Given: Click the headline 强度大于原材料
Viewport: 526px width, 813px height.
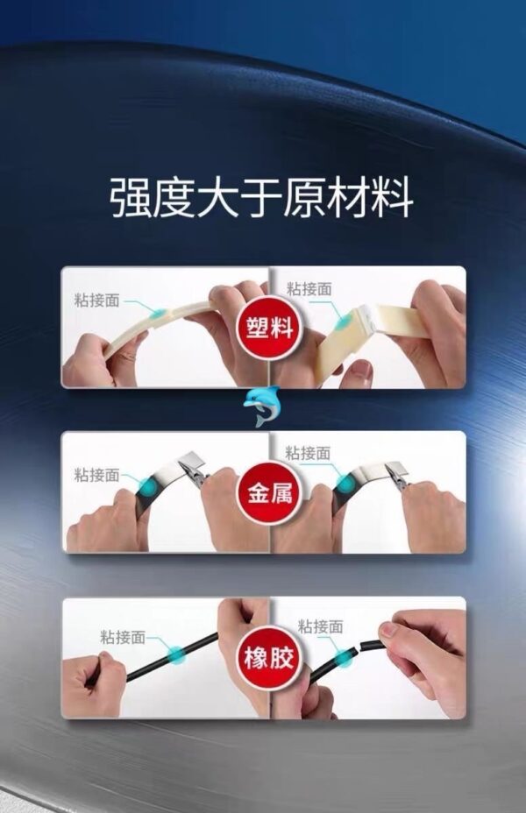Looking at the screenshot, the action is (x=262, y=197).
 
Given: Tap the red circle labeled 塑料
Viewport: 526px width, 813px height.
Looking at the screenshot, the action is (x=270, y=328).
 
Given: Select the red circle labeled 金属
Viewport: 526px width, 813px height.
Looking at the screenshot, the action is (x=270, y=492).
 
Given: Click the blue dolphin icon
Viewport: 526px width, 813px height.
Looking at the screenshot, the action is (x=262, y=406).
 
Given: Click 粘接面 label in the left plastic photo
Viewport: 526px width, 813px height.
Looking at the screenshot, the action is (x=97, y=300).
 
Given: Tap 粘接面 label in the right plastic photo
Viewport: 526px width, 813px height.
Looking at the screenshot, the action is (x=309, y=289).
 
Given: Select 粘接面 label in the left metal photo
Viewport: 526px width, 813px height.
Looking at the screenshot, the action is (x=97, y=475).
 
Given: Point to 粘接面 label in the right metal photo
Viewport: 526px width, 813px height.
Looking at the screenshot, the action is (x=308, y=453).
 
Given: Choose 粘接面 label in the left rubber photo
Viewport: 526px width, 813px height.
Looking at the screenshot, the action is (x=123, y=637).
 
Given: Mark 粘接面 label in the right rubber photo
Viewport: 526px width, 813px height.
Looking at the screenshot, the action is (x=321, y=626).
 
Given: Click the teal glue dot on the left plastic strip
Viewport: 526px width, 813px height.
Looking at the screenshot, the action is (x=159, y=313).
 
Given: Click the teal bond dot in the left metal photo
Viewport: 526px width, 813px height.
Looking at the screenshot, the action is (x=151, y=487).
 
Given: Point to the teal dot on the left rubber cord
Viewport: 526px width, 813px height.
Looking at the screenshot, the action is (x=177, y=655).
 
